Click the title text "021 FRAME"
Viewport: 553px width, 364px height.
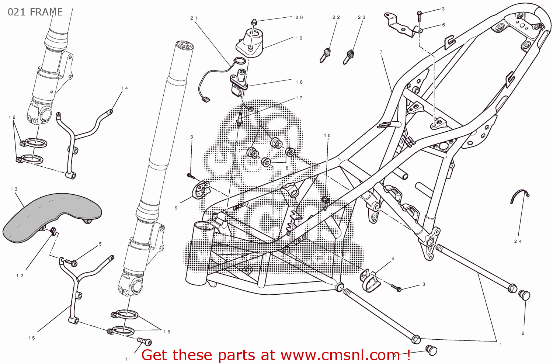coord(35,12)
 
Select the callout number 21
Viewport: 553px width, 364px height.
coord(194,18)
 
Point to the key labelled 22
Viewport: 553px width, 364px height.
coord(325,55)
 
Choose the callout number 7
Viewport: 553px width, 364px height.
coord(381,52)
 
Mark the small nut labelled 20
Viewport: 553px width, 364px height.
coord(254,22)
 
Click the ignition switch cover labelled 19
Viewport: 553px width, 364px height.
coord(251,42)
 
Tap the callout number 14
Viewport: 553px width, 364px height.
coord(124,88)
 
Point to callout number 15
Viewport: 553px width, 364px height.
coord(31,338)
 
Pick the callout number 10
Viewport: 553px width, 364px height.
coord(327,136)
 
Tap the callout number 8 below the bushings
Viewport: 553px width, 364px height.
coord(287,168)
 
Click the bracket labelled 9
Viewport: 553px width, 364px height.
coord(200,190)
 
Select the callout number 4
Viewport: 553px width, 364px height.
coord(393,259)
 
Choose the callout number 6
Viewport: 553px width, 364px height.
coord(444,25)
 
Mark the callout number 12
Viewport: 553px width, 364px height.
coord(20,276)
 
